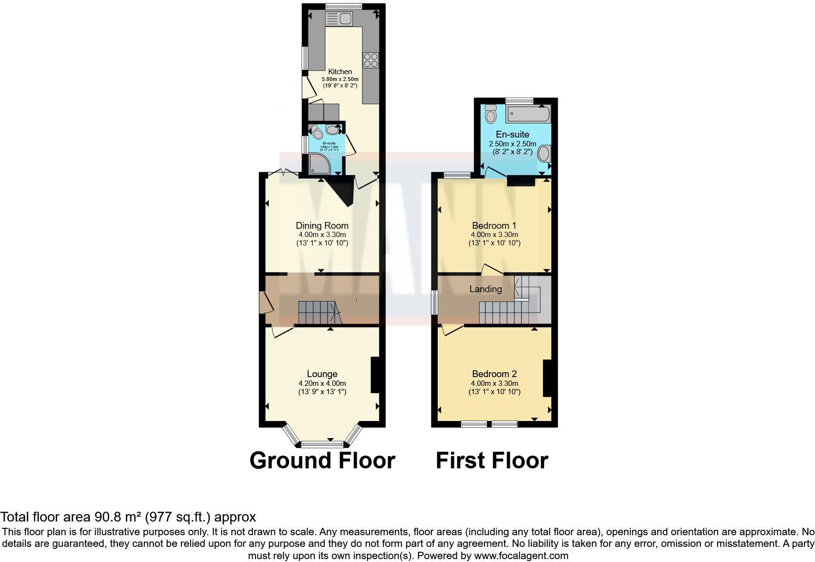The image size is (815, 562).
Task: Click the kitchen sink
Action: pyautogui.click(x=339, y=19)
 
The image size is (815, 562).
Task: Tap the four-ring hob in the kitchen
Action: pyautogui.click(x=370, y=60)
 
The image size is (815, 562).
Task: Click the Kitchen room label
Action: pyautogui.click(x=340, y=72)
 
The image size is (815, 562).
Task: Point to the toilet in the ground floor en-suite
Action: pyautogui.click(x=316, y=131)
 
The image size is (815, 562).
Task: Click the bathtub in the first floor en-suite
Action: pyautogui.click(x=528, y=115)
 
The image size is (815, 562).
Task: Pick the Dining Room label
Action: pyautogui.click(x=322, y=225)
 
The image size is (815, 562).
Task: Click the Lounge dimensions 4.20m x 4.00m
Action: pyautogui.click(x=322, y=383)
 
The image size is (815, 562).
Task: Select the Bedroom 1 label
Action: pyautogui.click(x=494, y=225)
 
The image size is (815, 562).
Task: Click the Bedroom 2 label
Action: pyautogui.click(x=494, y=374)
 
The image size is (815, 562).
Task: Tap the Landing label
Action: pyautogui.click(x=485, y=289)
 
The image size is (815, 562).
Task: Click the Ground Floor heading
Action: pyautogui.click(x=322, y=460)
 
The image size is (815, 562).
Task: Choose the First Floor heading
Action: pyautogui.click(x=492, y=460)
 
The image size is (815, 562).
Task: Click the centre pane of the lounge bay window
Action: pyautogui.click(x=322, y=444)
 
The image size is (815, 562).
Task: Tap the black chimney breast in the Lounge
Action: pyautogui.click(x=375, y=375)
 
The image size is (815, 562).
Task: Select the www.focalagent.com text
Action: pyautogui.click(x=521, y=555)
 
